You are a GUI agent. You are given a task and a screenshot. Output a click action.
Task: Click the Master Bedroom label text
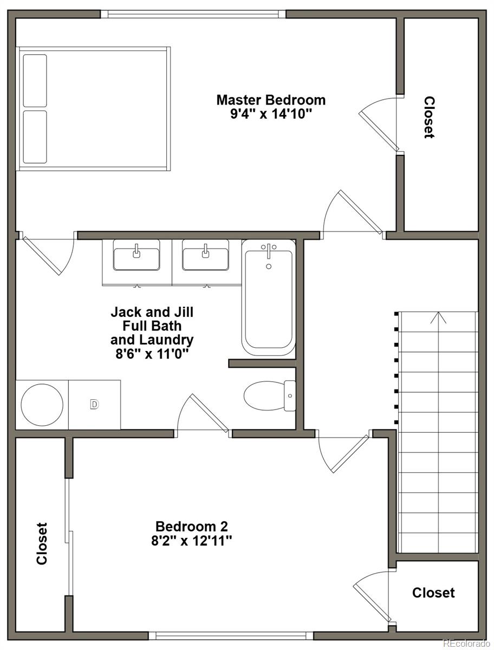[271, 100]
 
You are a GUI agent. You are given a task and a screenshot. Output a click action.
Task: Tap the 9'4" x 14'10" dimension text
[271, 114]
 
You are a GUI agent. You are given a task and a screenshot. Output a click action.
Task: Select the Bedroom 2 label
[192, 526]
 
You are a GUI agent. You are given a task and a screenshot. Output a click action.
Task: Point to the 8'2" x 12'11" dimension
[192, 541]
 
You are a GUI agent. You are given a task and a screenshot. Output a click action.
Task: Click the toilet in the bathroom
[270, 395]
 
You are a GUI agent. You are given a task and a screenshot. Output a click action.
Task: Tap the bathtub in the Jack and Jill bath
[269, 297]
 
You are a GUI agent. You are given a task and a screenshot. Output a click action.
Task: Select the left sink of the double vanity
[136, 255]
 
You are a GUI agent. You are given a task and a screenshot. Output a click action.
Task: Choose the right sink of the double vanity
[205, 255]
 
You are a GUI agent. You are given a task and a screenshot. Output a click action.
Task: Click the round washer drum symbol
[42, 405]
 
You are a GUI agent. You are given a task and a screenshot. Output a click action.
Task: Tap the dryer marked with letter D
[94, 405]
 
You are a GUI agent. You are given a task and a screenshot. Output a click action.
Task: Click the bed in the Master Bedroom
[93, 109]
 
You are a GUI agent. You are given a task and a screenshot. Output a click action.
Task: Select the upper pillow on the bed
[35, 81]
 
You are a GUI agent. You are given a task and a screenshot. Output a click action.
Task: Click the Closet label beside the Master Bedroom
[429, 117]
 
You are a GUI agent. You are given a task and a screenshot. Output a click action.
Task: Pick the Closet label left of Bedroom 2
[42, 543]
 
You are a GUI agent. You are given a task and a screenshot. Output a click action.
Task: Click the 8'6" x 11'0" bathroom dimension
[152, 354]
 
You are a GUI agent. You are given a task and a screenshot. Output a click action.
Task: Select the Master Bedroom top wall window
[193, 14]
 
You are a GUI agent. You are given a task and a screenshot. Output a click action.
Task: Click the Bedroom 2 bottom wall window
[231, 635]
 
